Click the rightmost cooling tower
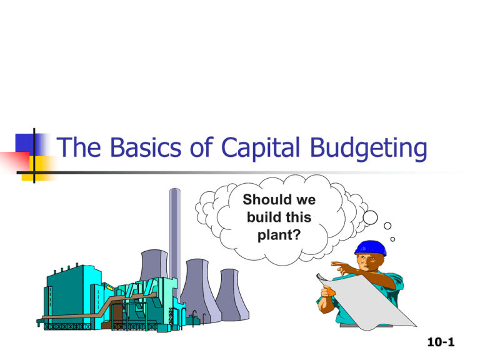coord(230,294)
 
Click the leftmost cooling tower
coord(154,275)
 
